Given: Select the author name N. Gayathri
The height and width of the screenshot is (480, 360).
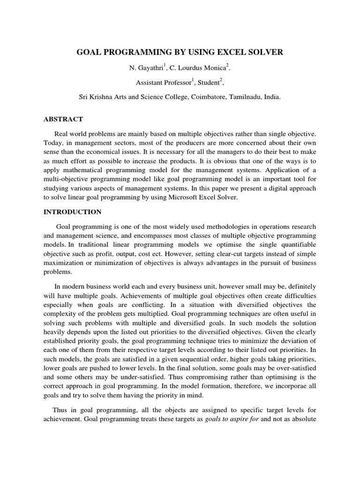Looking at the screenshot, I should [x=145, y=68].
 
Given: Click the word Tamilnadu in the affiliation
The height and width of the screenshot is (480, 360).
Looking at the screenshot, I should [x=248, y=97].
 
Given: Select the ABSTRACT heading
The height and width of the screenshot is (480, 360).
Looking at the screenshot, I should [x=63, y=120].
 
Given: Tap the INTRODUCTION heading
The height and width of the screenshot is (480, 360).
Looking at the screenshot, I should [x=72, y=212].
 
